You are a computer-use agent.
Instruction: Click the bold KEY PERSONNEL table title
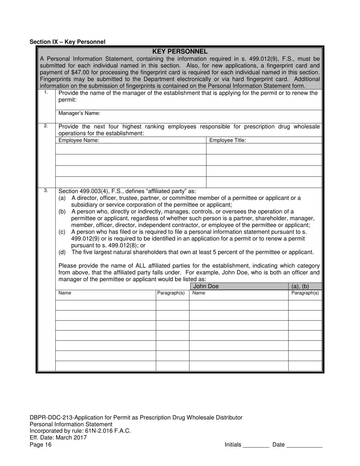[180, 52]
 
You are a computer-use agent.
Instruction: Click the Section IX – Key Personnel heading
[67, 42]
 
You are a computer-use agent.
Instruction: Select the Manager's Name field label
[79, 113]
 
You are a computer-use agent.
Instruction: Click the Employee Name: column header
[79, 140]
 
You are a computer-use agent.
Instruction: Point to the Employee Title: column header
[228, 140]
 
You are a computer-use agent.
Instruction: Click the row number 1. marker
[46, 92]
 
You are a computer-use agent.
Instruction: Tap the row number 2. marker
[46, 126]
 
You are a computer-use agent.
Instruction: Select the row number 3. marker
[46, 191]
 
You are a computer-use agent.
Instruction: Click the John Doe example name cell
[206, 286]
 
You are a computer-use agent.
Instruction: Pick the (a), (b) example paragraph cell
[300, 286]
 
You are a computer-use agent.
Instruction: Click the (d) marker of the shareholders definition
[62, 252]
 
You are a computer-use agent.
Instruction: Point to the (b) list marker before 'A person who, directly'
[62, 211]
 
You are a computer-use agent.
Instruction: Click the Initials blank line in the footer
[256, 446]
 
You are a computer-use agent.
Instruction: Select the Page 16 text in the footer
[41, 445]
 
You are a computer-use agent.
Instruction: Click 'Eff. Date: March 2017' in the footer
[58, 438]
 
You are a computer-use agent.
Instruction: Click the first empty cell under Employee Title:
[264, 149]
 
